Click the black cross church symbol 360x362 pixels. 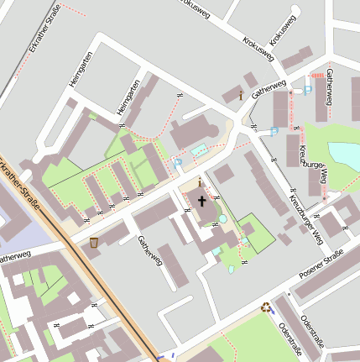coord(201,201)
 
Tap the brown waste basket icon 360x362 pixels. coord(93,242)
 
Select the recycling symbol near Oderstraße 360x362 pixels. coord(266,307)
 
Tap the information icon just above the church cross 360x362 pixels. coord(199,182)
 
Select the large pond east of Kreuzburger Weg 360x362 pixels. coord(344,156)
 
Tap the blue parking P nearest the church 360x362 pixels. coord(178,161)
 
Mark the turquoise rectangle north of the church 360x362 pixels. coord(198,150)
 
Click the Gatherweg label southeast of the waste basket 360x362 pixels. coord(149,250)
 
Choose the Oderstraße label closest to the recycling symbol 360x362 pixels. coord(290,336)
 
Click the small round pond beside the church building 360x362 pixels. coord(222,218)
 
